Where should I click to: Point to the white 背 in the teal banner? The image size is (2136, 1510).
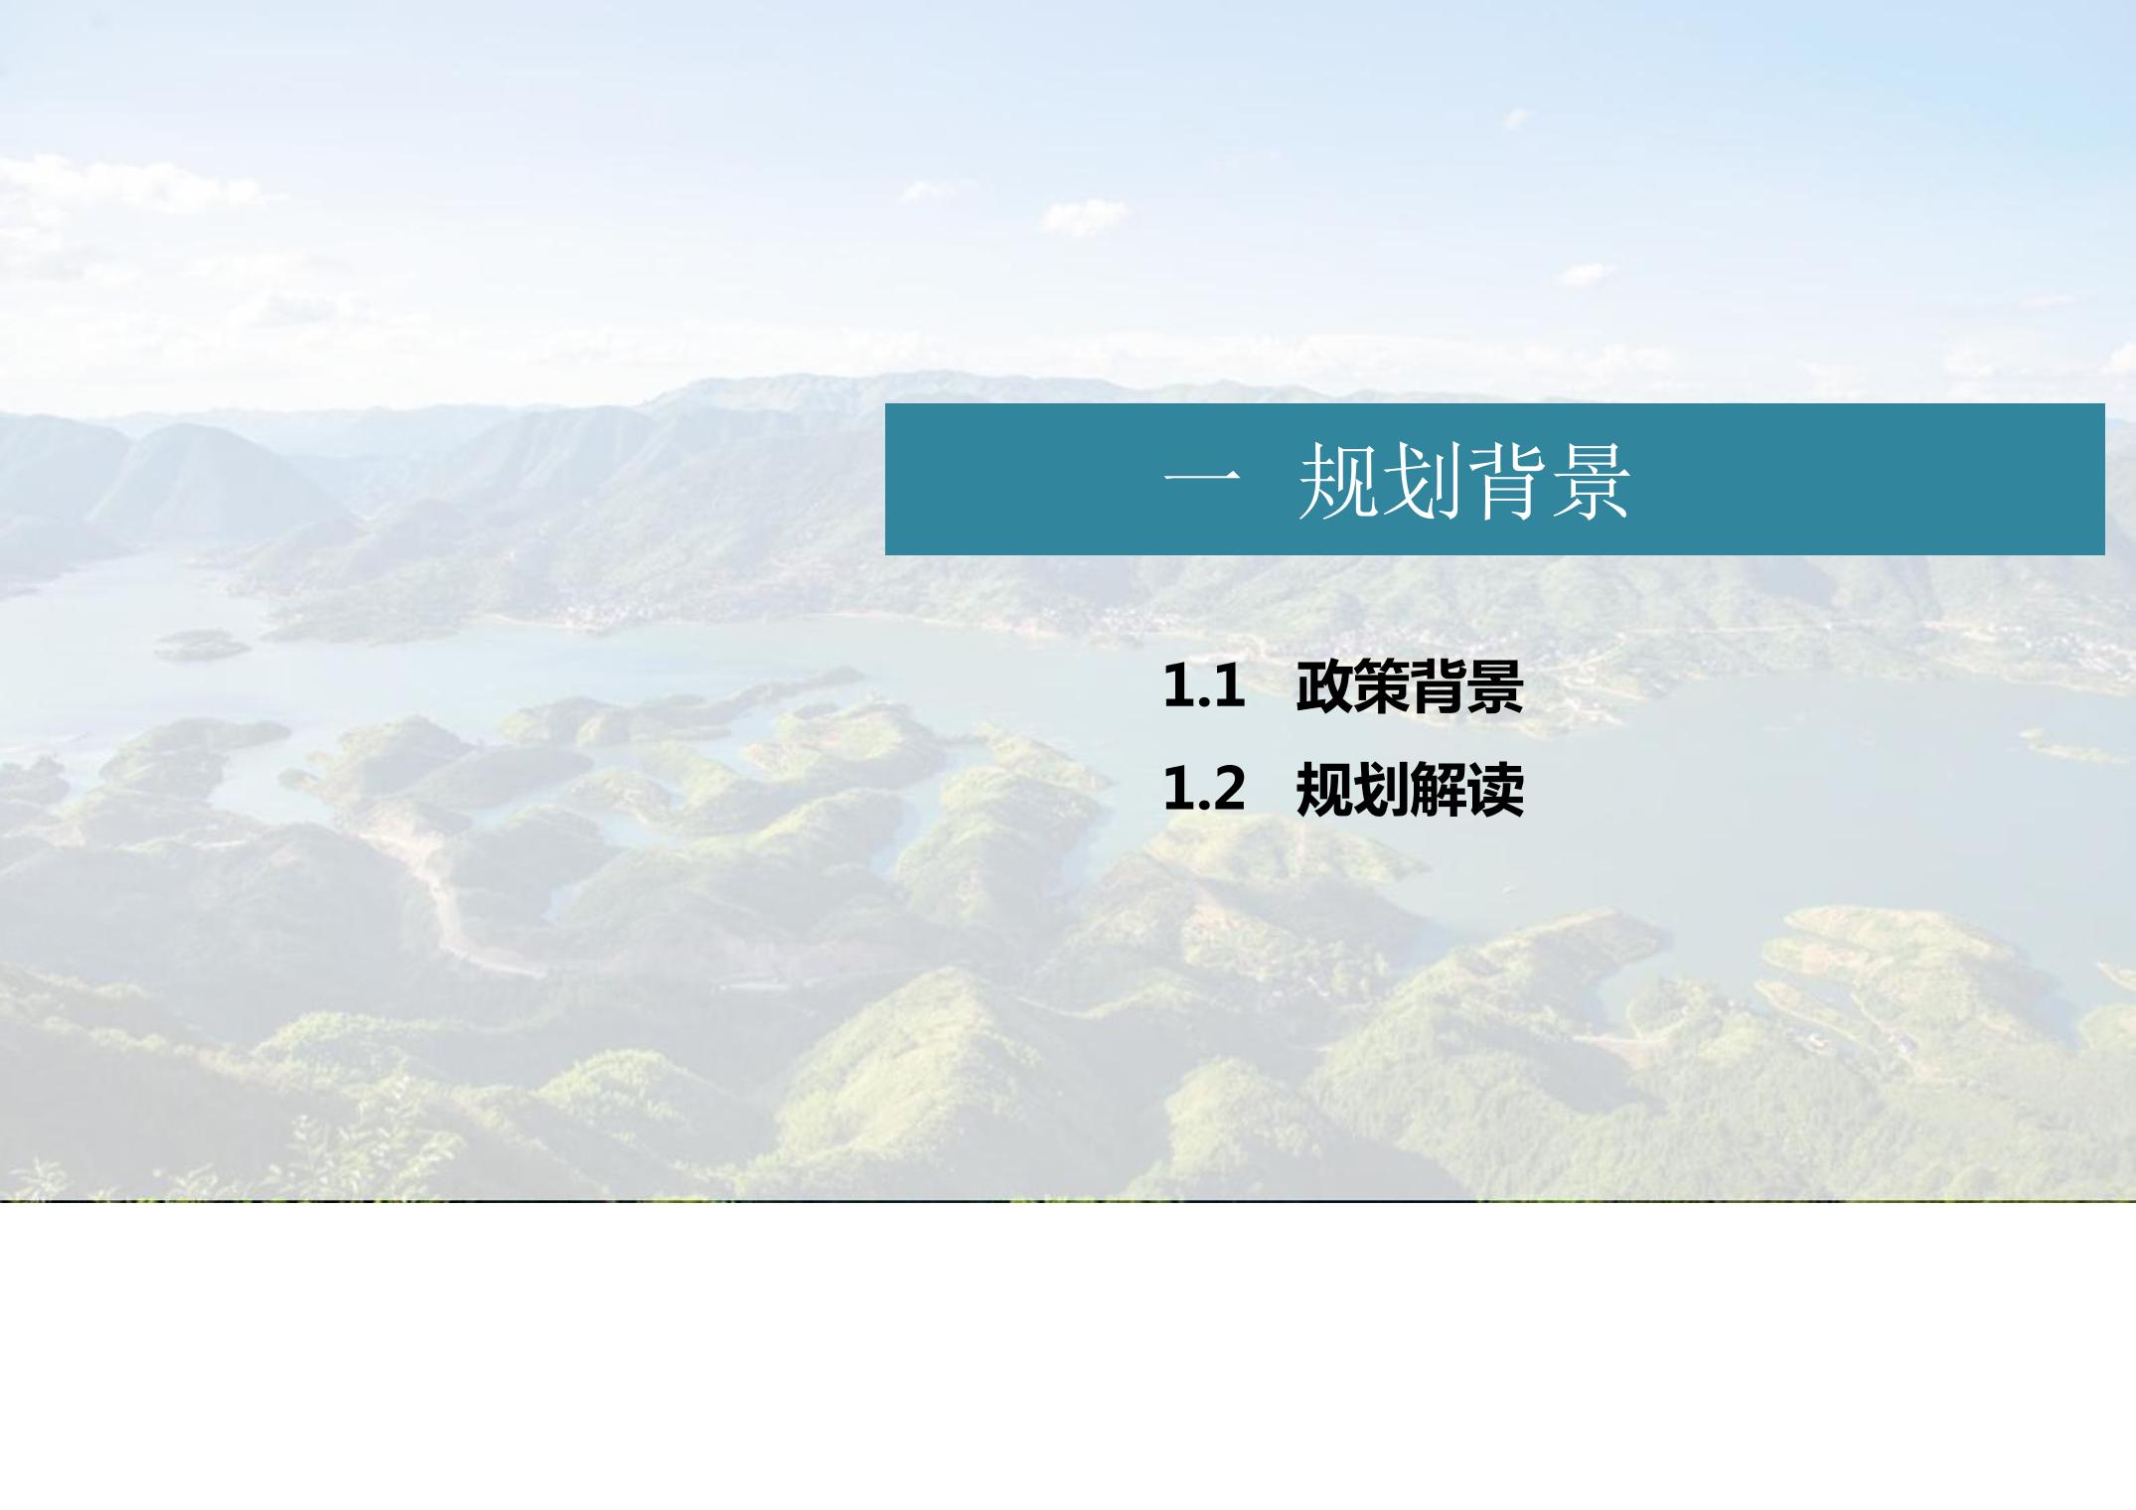tap(1505, 482)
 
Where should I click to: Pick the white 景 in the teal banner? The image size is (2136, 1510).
tap(1590, 482)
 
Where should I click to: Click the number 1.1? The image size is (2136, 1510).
tap(1204, 686)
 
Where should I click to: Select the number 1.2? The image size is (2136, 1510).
tap(1204, 790)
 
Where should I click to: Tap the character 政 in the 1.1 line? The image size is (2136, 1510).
tap(1324, 686)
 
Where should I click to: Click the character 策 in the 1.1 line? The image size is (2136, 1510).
tap(1381, 686)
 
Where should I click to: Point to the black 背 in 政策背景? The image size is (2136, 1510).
tap(1438, 686)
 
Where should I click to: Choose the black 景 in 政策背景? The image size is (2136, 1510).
tap(1495, 686)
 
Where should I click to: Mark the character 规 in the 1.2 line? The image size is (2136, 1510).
tap(1324, 790)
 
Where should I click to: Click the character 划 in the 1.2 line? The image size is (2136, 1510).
tap(1381, 790)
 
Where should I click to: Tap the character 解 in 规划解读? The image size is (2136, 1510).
tap(1438, 790)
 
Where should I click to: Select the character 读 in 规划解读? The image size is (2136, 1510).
tap(1495, 790)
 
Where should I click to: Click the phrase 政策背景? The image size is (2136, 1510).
tap(1410, 686)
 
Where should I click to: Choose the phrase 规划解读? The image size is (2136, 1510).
tap(1410, 790)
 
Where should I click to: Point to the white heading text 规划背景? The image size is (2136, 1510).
tap(1464, 482)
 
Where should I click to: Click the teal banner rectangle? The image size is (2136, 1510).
tap(1494, 479)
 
